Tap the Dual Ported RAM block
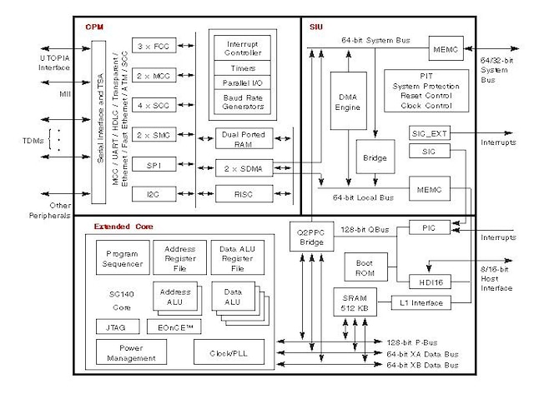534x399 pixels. point(239,137)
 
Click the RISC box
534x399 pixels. point(239,194)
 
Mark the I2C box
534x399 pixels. point(153,194)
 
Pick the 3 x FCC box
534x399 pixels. point(153,47)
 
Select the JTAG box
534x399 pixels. point(117,327)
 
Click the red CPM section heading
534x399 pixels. point(93,27)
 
